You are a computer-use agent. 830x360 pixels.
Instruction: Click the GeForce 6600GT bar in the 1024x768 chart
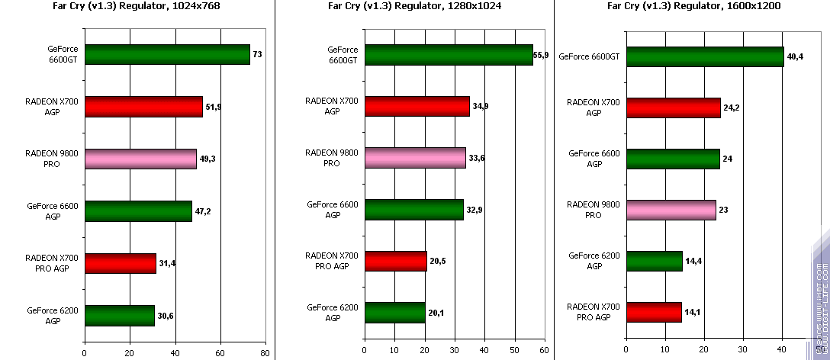click(x=167, y=54)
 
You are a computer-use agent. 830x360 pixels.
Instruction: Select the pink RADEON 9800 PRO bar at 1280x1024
click(x=415, y=158)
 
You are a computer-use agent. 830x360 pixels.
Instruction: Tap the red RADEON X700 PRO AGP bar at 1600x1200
click(x=654, y=312)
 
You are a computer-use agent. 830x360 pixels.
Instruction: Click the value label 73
click(x=258, y=54)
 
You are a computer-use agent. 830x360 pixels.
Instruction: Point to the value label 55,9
click(x=542, y=55)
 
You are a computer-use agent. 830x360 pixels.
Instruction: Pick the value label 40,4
click(x=795, y=56)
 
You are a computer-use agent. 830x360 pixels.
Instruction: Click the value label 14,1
click(x=693, y=312)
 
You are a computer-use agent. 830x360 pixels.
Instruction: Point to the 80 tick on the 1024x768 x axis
click(x=265, y=353)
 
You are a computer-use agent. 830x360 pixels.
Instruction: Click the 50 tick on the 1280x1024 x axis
click(x=515, y=353)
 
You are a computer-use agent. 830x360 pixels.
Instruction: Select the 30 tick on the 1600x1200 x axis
click(x=743, y=353)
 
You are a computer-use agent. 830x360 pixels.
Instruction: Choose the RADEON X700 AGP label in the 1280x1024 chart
click(x=332, y=106)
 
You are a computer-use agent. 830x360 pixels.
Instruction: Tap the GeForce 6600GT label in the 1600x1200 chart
click(x=589, y=56)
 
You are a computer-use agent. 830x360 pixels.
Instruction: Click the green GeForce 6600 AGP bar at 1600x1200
click(x=673, y=159)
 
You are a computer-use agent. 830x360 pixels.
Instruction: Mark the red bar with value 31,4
click(x=120, y=263)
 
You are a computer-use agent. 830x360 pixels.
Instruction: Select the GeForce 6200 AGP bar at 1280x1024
click(x=395, y=313)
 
